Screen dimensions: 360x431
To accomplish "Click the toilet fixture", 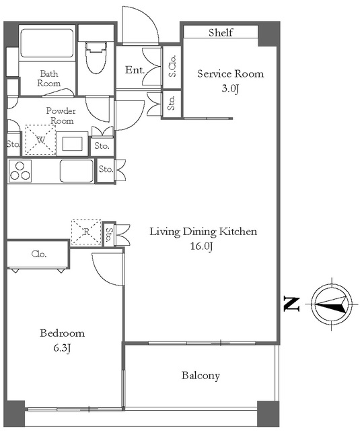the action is coord(96,57).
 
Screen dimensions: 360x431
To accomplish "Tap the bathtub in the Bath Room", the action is coord(47,43).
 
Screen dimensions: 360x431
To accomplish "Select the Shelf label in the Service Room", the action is coord(221,32).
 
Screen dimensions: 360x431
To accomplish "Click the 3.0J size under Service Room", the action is coord(230,88).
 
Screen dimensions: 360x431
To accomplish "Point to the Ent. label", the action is coord(135,70).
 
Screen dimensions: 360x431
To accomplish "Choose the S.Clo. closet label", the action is coord(172,66).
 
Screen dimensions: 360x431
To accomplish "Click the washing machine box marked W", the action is coord(40,139).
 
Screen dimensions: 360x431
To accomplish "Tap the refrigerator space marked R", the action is coord(86,232).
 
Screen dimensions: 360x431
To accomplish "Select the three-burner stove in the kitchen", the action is coord(20,171).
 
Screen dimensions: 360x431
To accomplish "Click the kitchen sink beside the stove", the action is coord(77,170).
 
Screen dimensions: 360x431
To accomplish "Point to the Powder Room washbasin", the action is coord(72,143).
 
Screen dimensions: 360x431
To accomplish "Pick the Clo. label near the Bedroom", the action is coord(39,254).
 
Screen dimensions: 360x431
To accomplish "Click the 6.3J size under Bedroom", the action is coord(63,348).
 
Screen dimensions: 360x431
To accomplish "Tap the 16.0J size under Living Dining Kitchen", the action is coord(202,246).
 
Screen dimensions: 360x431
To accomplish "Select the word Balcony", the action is coord(201,376).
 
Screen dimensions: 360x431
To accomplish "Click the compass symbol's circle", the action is coord(332,304).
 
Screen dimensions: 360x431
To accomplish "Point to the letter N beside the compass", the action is coord(291,304).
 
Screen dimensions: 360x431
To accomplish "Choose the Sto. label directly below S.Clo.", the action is coord(172,103).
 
